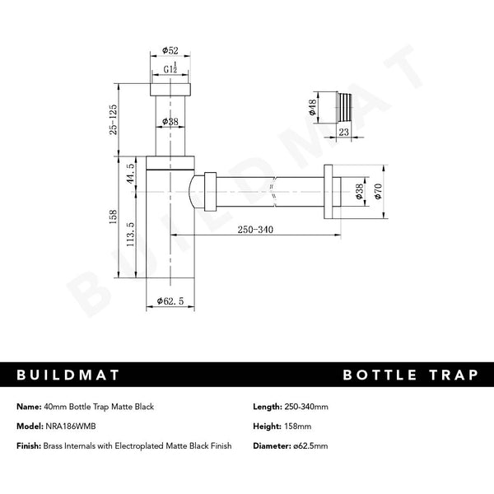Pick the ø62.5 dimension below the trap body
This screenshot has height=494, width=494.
pos(170,302)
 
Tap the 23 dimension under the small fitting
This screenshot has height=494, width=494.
pos(343,131)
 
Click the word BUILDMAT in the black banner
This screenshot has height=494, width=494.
pos(69,375)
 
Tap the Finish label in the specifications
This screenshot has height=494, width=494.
pos(30,445)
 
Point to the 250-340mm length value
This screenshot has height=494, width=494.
pos(306,407)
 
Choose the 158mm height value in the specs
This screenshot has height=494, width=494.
pos(299,426)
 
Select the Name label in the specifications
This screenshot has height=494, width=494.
pos(29,407)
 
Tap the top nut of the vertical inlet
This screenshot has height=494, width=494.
pos(170,90)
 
